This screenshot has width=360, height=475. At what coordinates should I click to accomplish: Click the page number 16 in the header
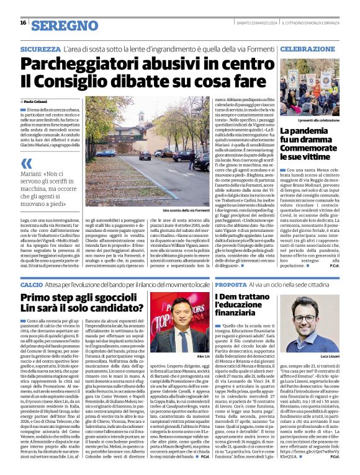click(x=23, y=23)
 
